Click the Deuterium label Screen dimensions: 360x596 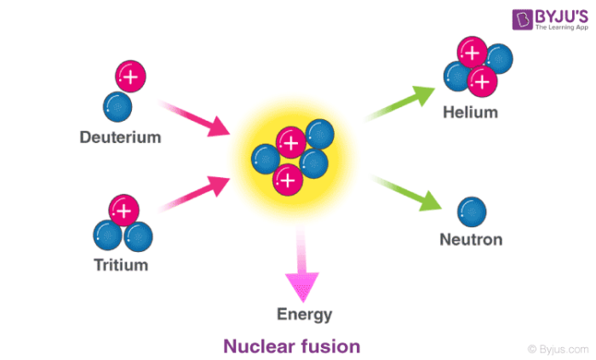(x=119, y=136)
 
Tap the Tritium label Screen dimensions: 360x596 (x=120, y=265)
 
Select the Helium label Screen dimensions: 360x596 (x=470, y=112)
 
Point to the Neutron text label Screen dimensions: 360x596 (x=470, y=239)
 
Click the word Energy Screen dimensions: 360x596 (x=304, y=314)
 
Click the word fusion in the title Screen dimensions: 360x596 (x=328, y=346)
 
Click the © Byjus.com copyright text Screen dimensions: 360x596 (x=557, y=348)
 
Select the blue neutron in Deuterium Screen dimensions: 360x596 (x=117, y=105)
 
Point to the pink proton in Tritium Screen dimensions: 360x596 (x=124, y=209)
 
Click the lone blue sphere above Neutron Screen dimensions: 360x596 (x=471, y=210)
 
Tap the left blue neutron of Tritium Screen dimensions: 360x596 (x=108, y=234)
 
